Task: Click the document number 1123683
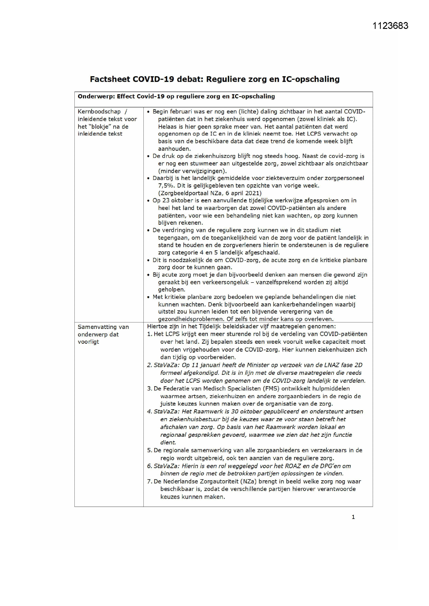(x=390, y=26)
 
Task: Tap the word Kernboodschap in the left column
(x=99, y=112)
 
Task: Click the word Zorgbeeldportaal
(x=184, y=193)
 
